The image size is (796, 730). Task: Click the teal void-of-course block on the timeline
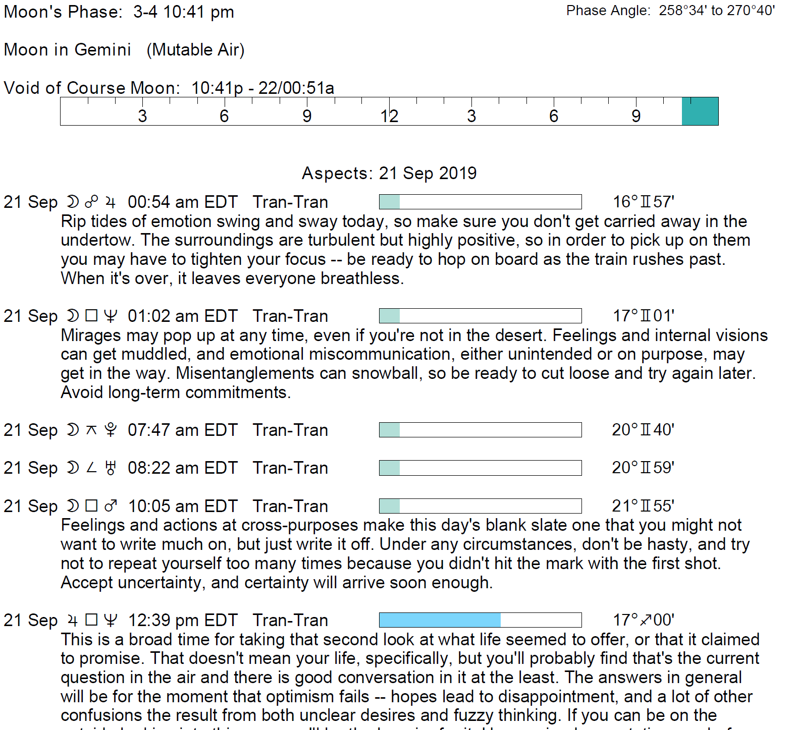pyautogui.click(x=700, y=111)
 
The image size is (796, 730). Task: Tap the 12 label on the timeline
pyautogui.click(x=389, y=116)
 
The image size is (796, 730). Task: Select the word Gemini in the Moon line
pyautogui.click(x=102, y=50)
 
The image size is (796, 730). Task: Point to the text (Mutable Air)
pyautogui.click(x=195, y=50)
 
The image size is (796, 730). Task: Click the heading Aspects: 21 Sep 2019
pyautogui.click(x=389, y=174)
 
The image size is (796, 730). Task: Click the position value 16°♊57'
pyautogui.click(x=643, y=202)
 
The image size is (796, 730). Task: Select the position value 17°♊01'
pyautogui.click(x=643, y=316)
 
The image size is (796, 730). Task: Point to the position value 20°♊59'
pyautogui.click(x=643, y=468)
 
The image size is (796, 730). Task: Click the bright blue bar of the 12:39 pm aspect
pyautogui.click(x=440, y=620)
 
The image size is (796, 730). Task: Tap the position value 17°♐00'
pyautogui.click(x=643, y=620)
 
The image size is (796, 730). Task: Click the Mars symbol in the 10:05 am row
pyautogui.click(x=111, y=506)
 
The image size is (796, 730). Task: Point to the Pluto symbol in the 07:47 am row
pyautogui.click(x=111, y=430)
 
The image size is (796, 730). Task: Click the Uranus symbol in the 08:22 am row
pyautogui.click(x=111, y=468)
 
